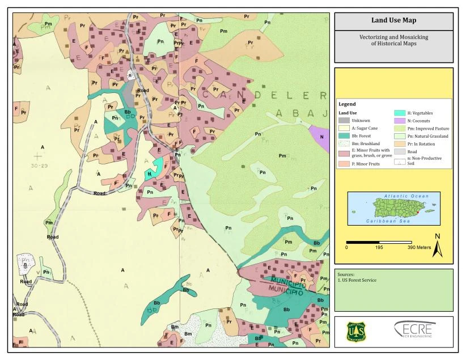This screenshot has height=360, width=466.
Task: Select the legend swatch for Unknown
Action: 344,120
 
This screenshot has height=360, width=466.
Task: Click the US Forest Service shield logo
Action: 357,332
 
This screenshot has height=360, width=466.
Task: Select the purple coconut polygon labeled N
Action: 321,137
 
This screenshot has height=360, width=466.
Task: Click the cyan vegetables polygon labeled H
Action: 150,172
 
